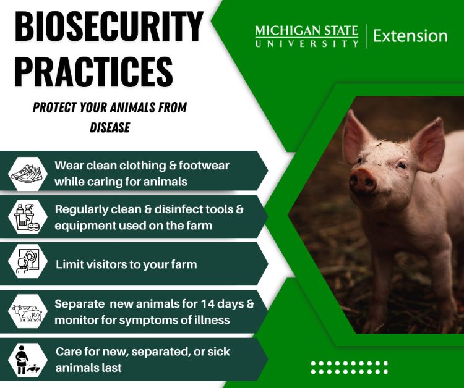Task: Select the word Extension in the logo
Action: [410, 36]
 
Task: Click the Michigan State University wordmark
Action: [306, 36]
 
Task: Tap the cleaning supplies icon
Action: [28, 216]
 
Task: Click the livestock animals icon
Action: [28, 312]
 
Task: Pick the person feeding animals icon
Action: [28, 359]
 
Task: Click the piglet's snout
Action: [363, 181]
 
